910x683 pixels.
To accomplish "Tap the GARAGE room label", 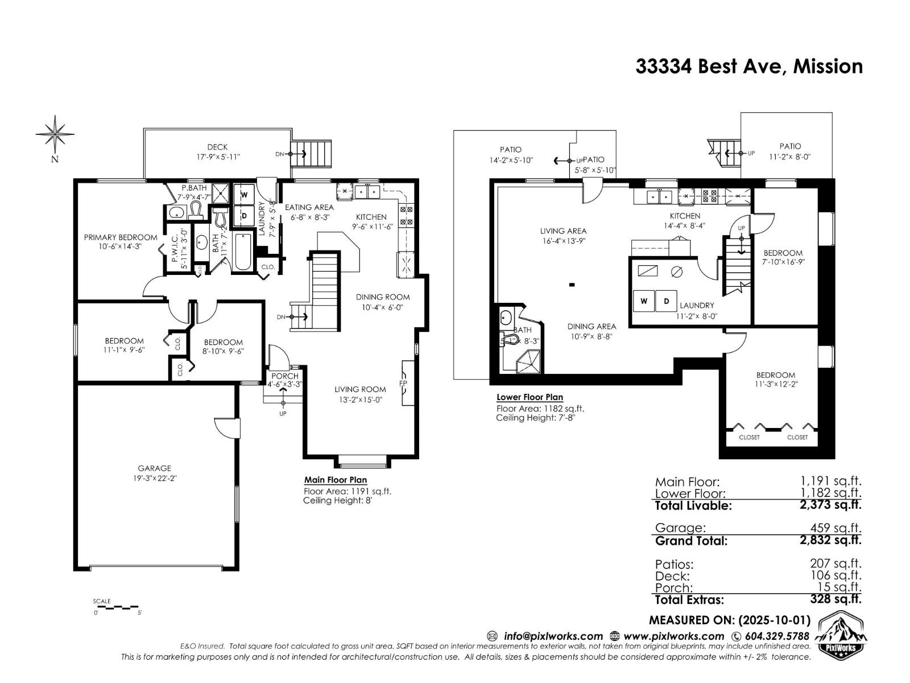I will [154, 468].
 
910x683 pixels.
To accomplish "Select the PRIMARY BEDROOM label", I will [121, 237].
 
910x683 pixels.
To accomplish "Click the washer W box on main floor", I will [245, 195].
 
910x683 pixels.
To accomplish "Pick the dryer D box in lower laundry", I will [666, 301].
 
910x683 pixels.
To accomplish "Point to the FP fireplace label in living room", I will [403, 383].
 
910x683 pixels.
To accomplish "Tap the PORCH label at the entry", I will [284, 376].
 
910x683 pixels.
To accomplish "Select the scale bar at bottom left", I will [117, 607].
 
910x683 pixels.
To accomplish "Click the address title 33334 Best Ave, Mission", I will [748, 67].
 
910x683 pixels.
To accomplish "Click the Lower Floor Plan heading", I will [530, 397].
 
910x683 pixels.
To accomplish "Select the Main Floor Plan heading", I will [336, 480].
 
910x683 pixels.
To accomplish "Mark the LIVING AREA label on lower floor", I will [563, 231].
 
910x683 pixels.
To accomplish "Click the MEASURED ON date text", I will [730, 620].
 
